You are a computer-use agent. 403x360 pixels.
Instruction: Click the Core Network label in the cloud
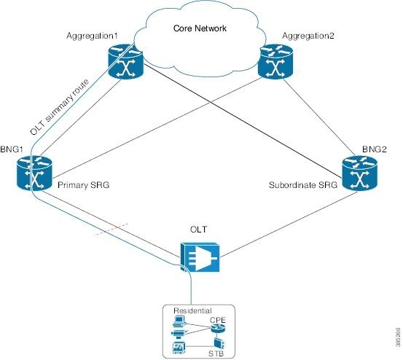[x=200, y=28]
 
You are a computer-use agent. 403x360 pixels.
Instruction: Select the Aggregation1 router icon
[x=125, y=61]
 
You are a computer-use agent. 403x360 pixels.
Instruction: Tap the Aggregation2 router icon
[x=275, y=61]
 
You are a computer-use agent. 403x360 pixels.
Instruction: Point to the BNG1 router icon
[x=34, y=173]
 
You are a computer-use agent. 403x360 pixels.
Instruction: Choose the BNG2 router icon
[x=360, y=173]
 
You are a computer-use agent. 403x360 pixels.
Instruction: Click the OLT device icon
[x=200, y=257]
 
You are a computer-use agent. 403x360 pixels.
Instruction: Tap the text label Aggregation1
[x=92, y=36]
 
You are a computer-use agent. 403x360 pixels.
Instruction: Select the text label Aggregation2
[x=308, y=36]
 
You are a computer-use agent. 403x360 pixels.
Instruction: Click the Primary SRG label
[x=84, y=185]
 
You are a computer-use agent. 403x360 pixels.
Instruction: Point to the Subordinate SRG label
[x=303, y=185]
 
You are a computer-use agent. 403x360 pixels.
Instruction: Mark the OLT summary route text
[x=60, y=107]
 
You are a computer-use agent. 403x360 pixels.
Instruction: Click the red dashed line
[x=111, y=229]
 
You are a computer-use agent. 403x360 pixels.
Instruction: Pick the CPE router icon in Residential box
[x=217, y=328]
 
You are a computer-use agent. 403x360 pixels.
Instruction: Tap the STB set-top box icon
[x=219, y=344]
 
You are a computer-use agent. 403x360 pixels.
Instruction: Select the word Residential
[x=192, y=310]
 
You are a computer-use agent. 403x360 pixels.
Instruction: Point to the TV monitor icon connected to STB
[x=179, y=348]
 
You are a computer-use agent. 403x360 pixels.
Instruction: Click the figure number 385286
[x=398, y=337]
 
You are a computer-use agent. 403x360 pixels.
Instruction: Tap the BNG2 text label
[x=375, y=149]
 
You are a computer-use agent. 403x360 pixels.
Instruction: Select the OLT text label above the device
[x=198, y=230]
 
